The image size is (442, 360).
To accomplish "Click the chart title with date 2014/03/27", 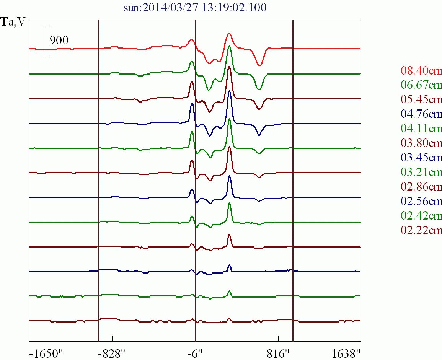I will (x=195, y=8).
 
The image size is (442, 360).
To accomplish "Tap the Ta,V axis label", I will (x=14, y=22).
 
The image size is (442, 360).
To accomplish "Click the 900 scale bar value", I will (x=59, y=41).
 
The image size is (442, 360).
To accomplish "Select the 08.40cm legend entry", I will (x=421, y=71).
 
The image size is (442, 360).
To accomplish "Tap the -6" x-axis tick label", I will (x=195, y=353).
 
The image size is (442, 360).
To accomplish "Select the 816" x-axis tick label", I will (x=278, y=353).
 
